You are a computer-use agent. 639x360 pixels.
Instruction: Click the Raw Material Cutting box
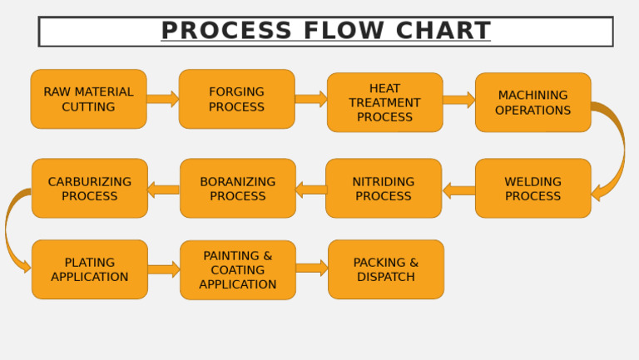88,99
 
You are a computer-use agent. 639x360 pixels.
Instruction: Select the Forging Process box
236,99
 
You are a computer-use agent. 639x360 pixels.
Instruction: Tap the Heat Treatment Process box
384,102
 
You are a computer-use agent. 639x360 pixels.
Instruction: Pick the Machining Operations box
532,102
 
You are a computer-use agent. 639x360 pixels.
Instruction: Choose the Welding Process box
532,189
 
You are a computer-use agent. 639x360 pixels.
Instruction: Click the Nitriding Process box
383,189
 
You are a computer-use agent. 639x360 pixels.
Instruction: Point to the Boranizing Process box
237,189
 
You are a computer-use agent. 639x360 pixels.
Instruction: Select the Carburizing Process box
89,189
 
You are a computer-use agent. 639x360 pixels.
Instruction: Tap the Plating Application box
89,269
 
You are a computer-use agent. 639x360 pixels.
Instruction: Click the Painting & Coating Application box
237,270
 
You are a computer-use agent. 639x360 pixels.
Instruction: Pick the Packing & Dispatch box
385,269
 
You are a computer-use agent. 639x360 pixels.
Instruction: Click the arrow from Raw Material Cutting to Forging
162,99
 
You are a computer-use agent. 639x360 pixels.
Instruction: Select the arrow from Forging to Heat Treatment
310,99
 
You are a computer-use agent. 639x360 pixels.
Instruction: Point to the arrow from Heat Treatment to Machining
458,100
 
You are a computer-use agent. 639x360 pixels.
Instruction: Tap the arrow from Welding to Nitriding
458,190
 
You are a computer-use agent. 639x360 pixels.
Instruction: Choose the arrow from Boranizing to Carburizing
163,190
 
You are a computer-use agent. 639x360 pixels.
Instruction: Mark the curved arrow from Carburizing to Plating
9,229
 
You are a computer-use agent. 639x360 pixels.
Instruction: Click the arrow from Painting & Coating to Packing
311,268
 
